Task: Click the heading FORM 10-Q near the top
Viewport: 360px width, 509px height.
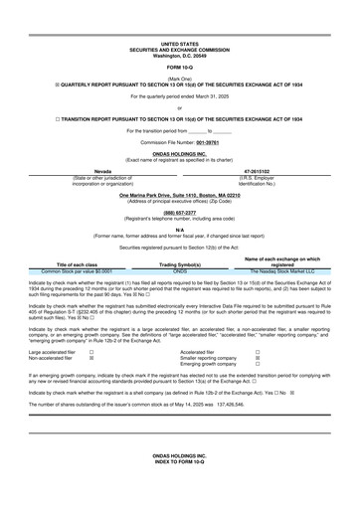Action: (179, 67)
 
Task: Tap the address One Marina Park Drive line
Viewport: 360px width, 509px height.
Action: (180, 196)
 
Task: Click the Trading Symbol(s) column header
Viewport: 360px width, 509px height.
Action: (180, 265)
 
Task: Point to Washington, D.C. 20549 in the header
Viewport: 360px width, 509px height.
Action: (180, 55)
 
